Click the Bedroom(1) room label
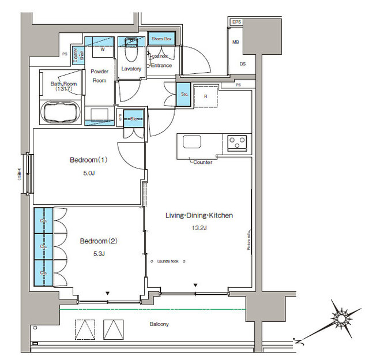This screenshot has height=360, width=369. [89, 160]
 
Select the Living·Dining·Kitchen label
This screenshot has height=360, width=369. [199, 216]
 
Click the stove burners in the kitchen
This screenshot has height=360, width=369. [236, 141]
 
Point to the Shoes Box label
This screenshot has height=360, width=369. [161, 39]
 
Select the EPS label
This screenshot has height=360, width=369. [236, 22]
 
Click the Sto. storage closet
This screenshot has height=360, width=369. [183, 94]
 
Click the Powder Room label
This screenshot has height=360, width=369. [100, 76]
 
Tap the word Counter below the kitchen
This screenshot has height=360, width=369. [202, 162]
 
